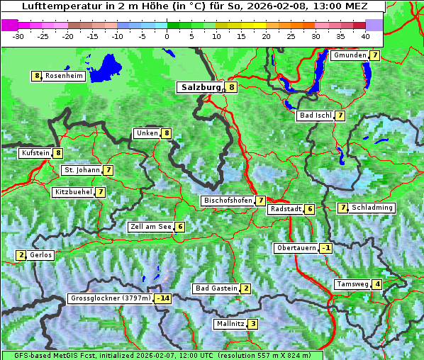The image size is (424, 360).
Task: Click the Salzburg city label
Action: pyautogui.click(x=201, y=87)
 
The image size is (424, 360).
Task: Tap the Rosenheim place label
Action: pyautogui.click(x=64, y=76)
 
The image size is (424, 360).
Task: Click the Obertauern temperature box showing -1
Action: pyautogui.click(x=325, y=248)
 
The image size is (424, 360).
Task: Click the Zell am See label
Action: pyautogui.click(x=150, y=227)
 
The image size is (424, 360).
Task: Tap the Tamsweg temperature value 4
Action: pyautogui.click(x=378, y=284)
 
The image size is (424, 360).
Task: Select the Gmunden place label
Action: pyautogui.click(x=350, y=55)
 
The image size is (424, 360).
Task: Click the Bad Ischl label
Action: pyautogui.click(x=315, y=116)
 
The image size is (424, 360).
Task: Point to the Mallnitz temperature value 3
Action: pyautogui.click(x=253, y=324)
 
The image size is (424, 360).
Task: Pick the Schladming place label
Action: pyautogui.click(x=372, y=208)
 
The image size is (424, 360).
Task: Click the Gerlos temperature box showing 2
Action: pyautogui.click(x=21, y=255)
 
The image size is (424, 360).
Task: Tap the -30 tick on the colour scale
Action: pyautogui.click(x=18, y=35)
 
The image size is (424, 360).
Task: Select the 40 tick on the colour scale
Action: pyautogui.click(x=365, y=35)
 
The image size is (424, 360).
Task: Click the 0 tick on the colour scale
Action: pyautogui.click(x=167, y=35)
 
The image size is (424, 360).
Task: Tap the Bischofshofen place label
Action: pyautogui.click(x=227, y=201)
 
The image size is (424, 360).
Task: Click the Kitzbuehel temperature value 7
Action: pyautogui.click(x=101, y=192)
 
